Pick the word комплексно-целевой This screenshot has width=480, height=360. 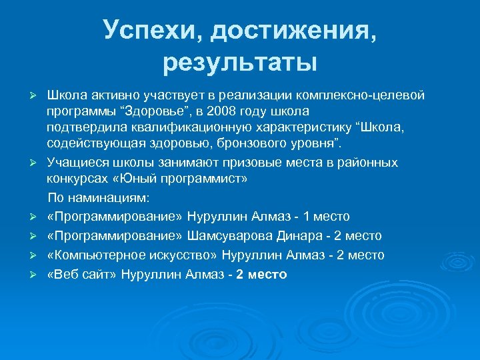coord(369,94)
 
